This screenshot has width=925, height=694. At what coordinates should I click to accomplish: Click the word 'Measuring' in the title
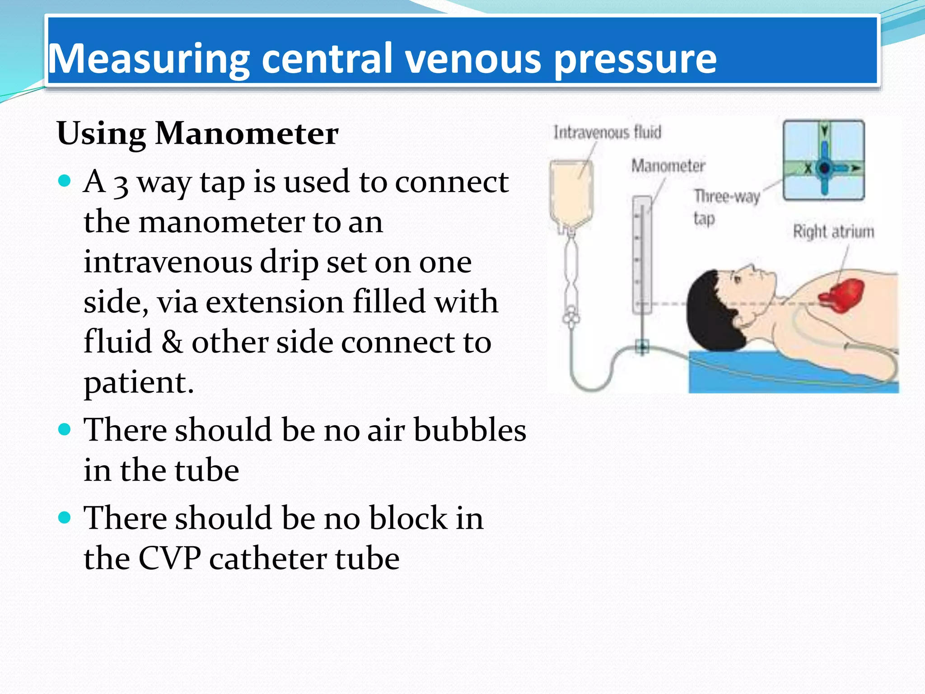(149, 59)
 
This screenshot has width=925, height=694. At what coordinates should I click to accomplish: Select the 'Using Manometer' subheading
(197, 134)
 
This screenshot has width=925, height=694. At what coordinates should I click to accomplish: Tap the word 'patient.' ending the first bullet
(139, 382)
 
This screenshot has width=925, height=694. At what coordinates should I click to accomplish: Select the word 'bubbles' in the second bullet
(470, 429)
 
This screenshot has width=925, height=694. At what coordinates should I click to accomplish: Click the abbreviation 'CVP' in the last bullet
(169, 558)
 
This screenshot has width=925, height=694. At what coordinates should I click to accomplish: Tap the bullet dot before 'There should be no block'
(65, 517)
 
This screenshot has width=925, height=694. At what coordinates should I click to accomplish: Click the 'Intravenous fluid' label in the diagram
(607, 132)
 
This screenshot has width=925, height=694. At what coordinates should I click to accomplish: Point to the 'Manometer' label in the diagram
(668, 166)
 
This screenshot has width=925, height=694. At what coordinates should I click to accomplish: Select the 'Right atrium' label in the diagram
(833, 231)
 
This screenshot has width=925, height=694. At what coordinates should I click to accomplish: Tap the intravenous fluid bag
(571, 194)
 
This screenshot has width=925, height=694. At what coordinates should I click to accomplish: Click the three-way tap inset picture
(823, 160)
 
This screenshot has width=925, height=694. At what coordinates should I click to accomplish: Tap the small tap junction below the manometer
(642, 347)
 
